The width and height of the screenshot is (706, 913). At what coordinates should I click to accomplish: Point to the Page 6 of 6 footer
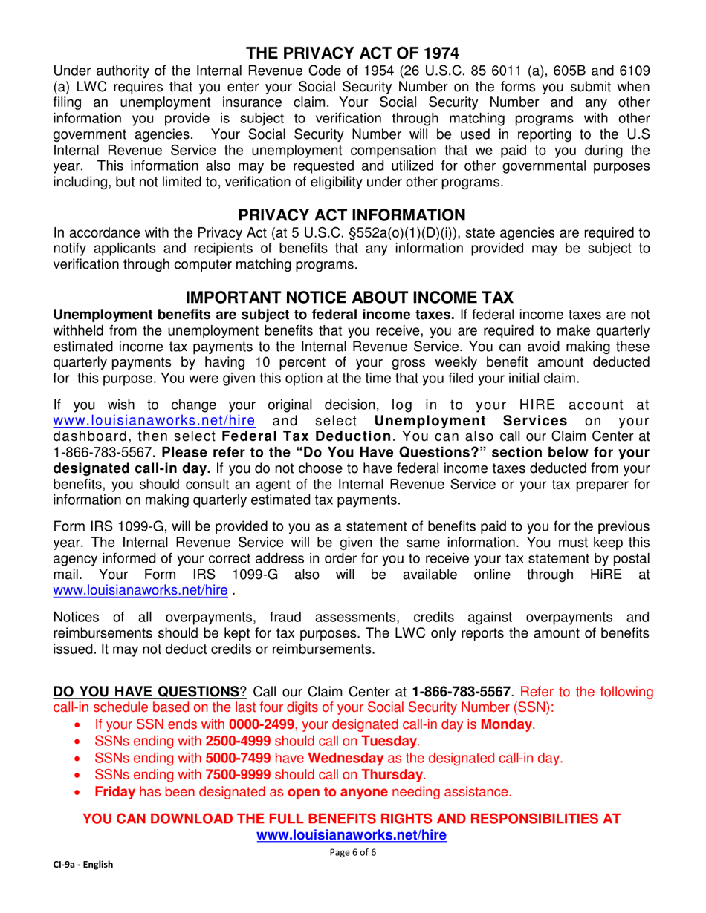point(352,854)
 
